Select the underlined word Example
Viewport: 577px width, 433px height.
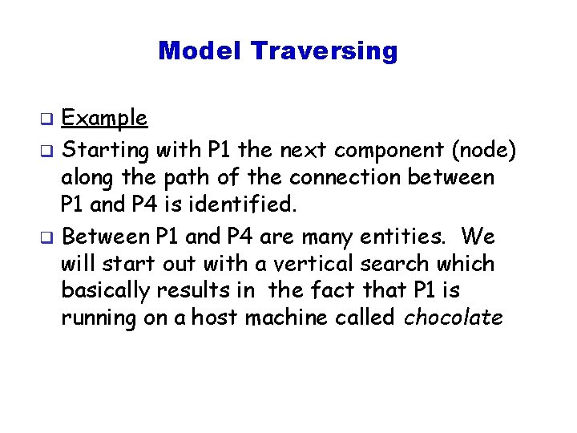pos(104,119)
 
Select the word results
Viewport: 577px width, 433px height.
pos(190,291)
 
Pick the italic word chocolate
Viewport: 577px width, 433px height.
pos(454,318)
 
